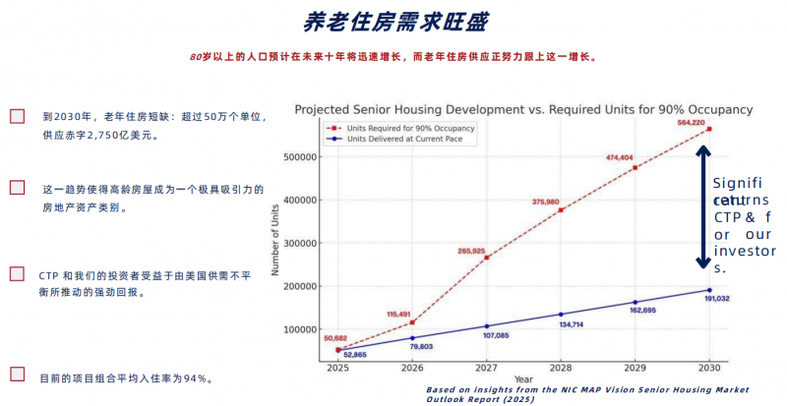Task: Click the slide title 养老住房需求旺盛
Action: coord(393,22)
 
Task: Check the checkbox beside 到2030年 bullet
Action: coord(17,116)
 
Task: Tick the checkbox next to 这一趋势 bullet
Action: coord(17,188)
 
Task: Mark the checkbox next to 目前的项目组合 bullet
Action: coord(17,375)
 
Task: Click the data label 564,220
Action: coord(691,122)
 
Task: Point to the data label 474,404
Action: coord(620,157)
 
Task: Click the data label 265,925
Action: coord(471,251)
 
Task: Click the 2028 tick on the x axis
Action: coord(561,369)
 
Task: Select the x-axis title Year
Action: coord(523,379)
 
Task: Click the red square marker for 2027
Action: coord(486,258)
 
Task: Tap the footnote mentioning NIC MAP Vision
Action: coord(587,394)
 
